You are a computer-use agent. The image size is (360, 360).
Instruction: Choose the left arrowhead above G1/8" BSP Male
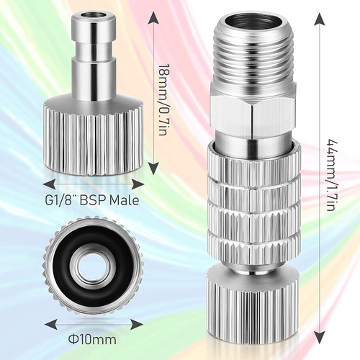pyautogui.click(x=48, y=181)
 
